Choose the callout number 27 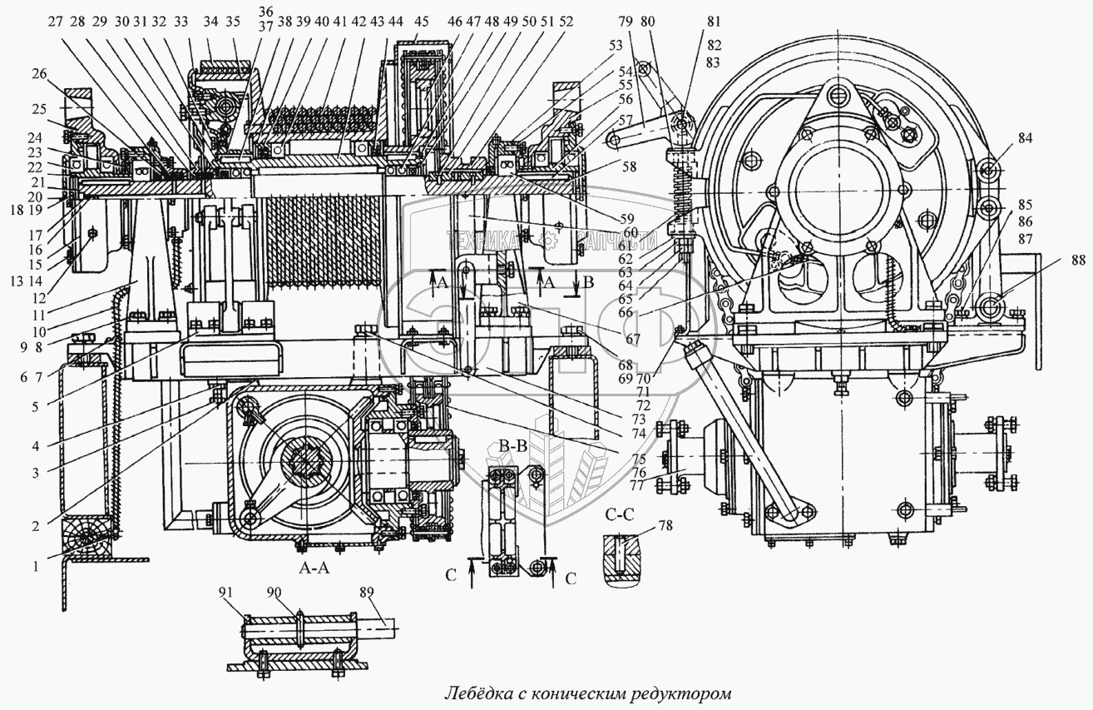[55, 23]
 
